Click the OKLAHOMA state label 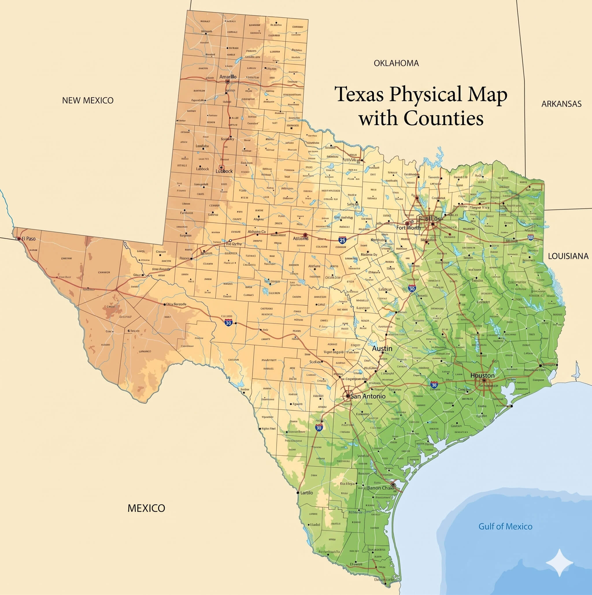[396, 63]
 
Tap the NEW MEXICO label [88, 100]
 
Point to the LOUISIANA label [568, 256]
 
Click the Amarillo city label [228, 76]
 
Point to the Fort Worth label [408, 228]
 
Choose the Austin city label [382, 348]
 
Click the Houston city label [482, 375]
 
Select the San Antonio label [368, 396]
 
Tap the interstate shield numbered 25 [342, 240]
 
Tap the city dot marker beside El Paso [19, 239]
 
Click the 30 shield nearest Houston [434, 385]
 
